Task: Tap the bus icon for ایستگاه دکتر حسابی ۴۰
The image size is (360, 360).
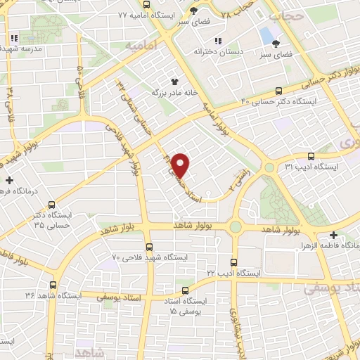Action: point(280,91)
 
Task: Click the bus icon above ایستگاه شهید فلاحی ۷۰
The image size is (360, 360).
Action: point(149,246)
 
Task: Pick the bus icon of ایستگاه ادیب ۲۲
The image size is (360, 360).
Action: point(235,261)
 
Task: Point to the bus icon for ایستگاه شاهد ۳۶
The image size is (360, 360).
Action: point(53,285)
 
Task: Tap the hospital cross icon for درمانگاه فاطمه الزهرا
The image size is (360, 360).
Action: point(333,235)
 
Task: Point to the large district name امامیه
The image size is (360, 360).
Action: point(140,46)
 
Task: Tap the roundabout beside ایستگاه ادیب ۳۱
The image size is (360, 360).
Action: point(269,167)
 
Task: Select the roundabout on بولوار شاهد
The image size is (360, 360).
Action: point(235,226)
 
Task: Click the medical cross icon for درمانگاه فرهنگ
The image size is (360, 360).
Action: point(9,181)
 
